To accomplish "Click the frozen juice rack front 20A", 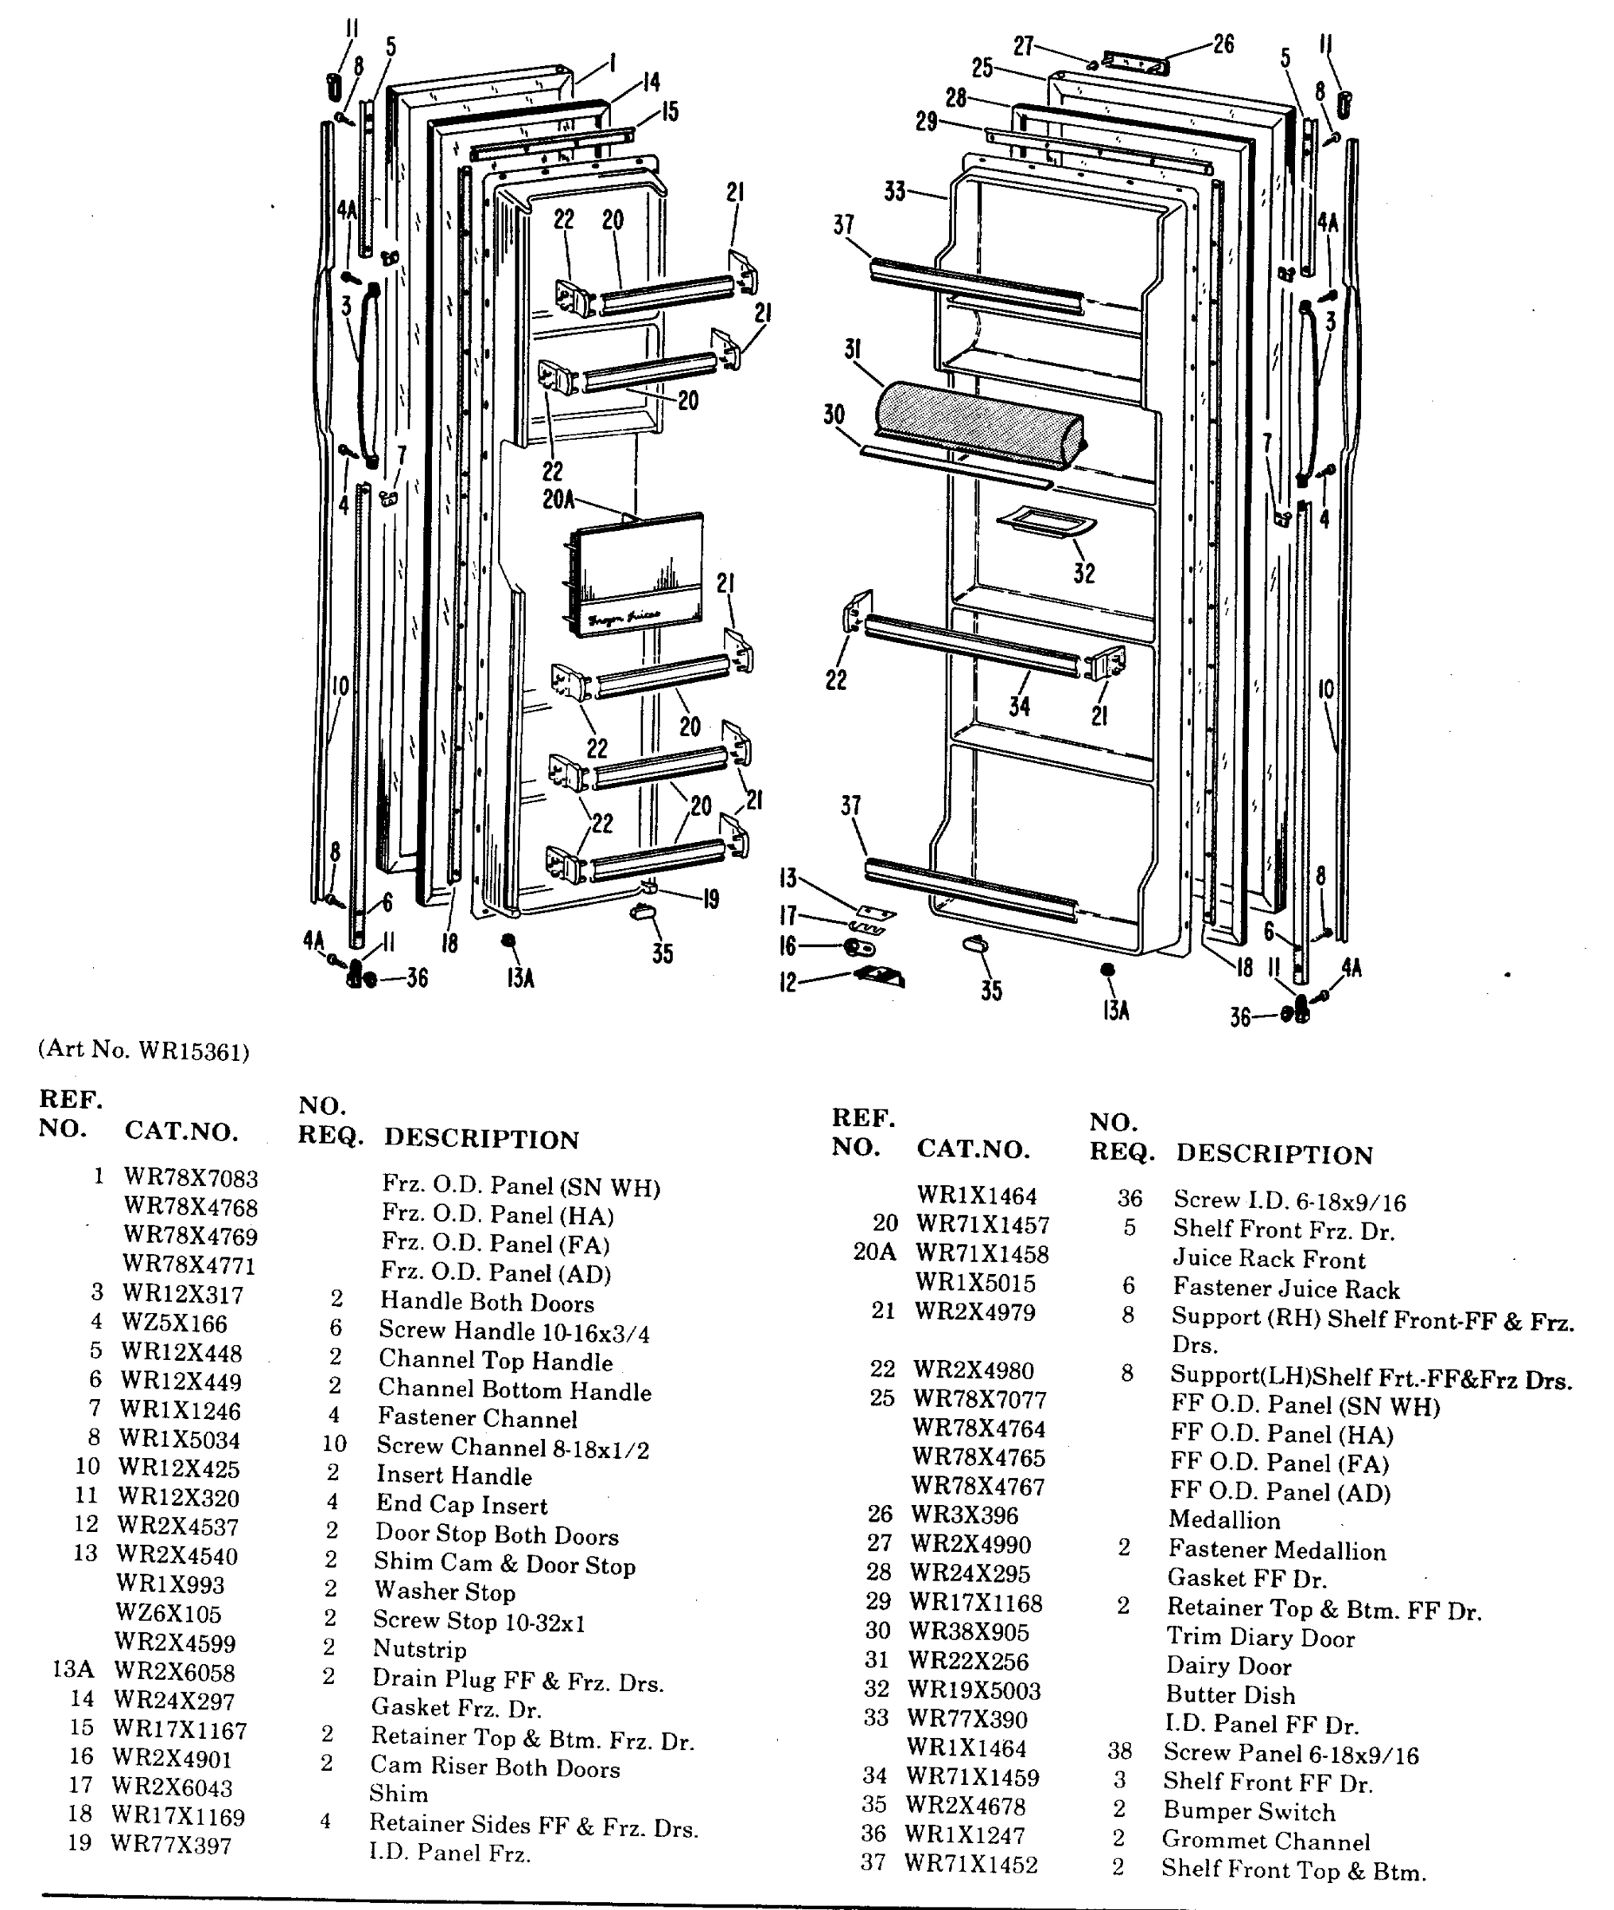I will pos(635,573).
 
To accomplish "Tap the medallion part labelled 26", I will pos(1135,63).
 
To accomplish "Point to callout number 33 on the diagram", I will pos(895,191).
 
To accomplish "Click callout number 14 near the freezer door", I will pos(651,82).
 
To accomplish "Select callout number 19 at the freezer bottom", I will pos(711,898).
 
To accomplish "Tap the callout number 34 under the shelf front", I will pos(1019,706).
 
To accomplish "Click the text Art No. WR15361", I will pos(144,1050).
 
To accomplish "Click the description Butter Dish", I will pos(1230,1695).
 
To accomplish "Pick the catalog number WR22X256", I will pos(968,1661).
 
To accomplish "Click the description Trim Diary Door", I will pos(1260,1637).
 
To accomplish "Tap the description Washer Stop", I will pos(444,1592).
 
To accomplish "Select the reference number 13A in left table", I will pos(73,1668).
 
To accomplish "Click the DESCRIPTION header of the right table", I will pos(1274,1154).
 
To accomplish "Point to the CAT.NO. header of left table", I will pos(181,1132).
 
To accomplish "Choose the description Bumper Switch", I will pos(1248,1811).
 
